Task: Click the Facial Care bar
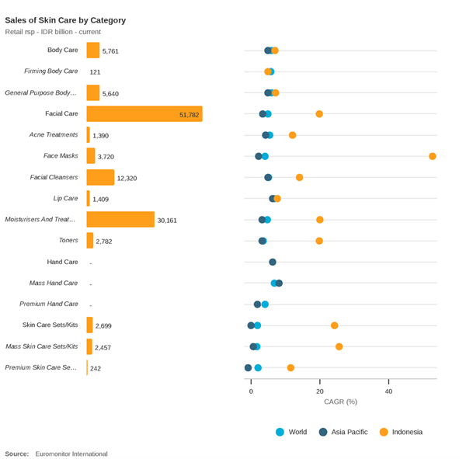click(x=144, y=114)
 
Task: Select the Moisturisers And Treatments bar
click(x=120, y=219)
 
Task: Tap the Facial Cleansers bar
click(x=100, y=177)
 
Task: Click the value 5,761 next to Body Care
click(x=110, y=51)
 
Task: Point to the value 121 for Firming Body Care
click(x=95, y=72)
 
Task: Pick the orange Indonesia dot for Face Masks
click(x=433, y=156)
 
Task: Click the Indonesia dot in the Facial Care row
click(x=319, y=114)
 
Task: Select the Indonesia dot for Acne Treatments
click(x=293, y=135)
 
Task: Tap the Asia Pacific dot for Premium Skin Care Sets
click(x=249, y=367)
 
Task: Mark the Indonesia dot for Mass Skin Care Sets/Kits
click(x=339, y=346)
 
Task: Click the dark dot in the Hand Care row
click(x=273, y=262)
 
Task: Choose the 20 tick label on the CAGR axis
click(x=320, y=391)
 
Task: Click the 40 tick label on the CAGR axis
click(x=388, y=391)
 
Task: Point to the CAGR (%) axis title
click(x=341, y=402)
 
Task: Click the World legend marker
click(x=280, y=432)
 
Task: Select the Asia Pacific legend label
click(x=349, y=432)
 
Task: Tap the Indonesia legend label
click(x=407, y=432)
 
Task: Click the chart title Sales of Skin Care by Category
click(x=65, y=20)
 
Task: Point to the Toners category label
click(x=68, y=240)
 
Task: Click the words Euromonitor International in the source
click(x=71, y=454)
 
